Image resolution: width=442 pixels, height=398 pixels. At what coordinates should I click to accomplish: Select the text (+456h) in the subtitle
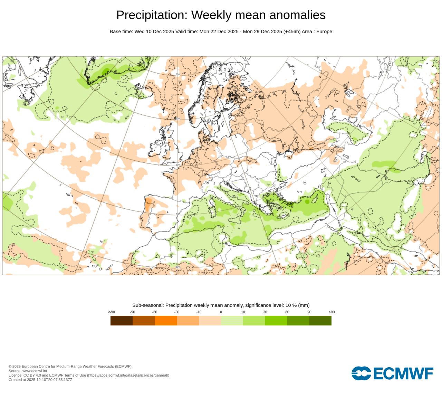292,31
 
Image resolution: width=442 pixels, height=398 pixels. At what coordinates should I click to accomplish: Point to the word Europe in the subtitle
324,31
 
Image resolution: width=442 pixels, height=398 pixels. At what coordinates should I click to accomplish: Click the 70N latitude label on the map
178,74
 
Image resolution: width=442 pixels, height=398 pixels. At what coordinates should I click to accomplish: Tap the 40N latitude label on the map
178,214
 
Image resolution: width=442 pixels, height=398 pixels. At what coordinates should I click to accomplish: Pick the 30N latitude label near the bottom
178,267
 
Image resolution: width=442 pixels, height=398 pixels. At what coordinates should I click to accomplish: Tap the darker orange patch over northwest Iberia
148,204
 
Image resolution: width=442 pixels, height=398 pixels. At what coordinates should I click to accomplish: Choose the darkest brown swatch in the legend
122,321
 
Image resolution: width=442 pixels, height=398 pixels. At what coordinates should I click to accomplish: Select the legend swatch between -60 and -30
166,321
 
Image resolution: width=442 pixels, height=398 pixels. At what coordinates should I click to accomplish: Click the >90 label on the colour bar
331,312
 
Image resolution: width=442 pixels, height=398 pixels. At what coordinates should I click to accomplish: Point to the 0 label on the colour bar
221,312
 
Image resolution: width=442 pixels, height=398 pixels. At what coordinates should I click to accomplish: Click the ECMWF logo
392,373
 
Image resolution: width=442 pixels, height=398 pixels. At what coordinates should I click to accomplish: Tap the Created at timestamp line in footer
40,380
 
